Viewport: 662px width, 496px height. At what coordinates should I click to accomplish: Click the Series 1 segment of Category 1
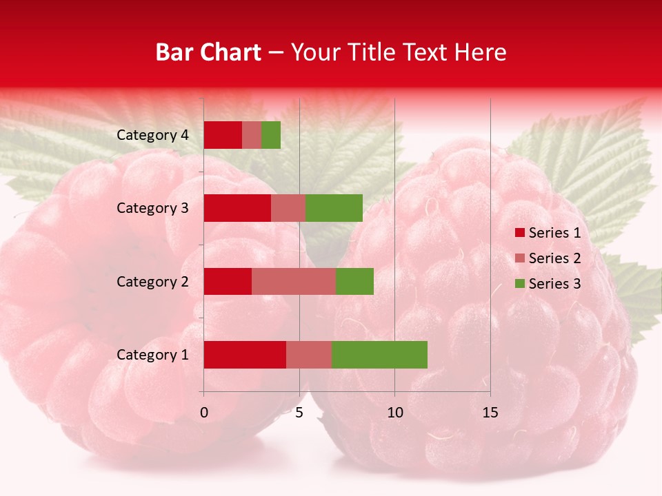click(x=245, y=355)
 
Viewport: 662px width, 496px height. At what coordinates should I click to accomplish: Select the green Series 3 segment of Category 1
click(x=379, y=355)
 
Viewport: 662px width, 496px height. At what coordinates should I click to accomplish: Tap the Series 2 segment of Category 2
click(x=294, y=281)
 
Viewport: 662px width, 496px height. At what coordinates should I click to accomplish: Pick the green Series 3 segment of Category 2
click(x=354, y=281)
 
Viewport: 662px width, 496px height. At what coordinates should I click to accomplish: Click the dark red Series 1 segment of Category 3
click(x=237, y=208)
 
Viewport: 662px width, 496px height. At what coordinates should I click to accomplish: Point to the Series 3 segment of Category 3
click(x=334, y=208)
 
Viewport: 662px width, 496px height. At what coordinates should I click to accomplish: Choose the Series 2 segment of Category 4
click(x=252, y=135)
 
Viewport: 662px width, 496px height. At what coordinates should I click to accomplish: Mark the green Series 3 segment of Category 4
click(x=271, y=135)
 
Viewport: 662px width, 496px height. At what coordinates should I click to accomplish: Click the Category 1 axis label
click(x=152, y=355)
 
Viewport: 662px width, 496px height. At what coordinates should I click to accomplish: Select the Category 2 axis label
click(x=152, y=281)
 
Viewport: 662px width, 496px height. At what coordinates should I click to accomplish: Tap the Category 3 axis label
click(x=152, y=208)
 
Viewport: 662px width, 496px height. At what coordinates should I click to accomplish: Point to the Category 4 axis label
click(x=152, y=135)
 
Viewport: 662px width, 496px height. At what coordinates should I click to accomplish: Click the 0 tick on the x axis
click(x=204, y=413)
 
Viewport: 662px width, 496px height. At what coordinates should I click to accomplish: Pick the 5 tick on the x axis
click(x=299, y=413)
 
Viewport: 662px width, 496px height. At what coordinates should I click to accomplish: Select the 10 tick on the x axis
click(x=394, y=413)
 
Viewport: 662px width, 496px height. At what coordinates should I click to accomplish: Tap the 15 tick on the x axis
click(x=490, y=413)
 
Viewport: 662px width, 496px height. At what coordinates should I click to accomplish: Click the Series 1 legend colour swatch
click(x=519, y=233)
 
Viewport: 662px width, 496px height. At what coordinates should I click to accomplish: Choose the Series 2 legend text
click(x=554, y=258)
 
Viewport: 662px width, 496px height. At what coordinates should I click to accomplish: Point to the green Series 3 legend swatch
click(x=519, y=284)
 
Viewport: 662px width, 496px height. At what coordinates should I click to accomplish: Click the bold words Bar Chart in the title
click(x=208, y=52)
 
